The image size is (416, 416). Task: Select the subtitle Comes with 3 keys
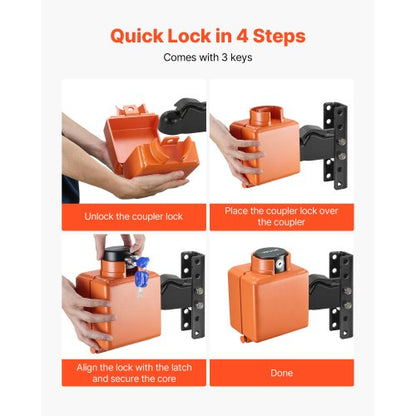click(207, 58)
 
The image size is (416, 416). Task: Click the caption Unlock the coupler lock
click(133, 217)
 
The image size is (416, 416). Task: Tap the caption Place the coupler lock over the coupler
click(281, 217)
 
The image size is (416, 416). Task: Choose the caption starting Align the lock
click(133, 372)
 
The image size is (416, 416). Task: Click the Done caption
click(281, 372)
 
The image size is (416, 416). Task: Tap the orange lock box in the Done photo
click(268, 310)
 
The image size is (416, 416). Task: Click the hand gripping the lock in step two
click(225, 150)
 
